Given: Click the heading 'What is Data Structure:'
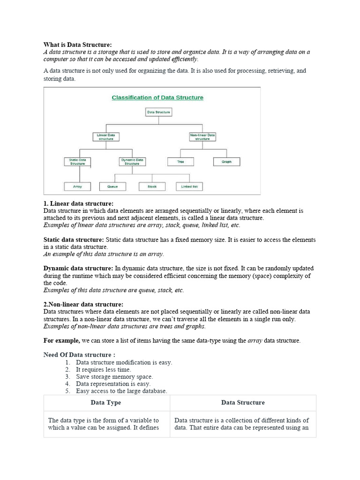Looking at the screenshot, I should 78,45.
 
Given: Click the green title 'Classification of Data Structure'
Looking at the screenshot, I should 157,97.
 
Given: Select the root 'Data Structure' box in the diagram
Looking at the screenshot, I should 158,112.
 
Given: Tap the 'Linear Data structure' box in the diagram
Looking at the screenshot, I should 105,137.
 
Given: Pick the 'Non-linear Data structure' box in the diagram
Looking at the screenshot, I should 202,137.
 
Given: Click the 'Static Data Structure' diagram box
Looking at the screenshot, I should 78,162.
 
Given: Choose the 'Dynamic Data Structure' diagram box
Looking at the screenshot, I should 133,162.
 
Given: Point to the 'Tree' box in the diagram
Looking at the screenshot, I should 180,162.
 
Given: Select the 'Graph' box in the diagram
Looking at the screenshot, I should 226,162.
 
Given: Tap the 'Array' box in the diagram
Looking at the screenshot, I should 78,187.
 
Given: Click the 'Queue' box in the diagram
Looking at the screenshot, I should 112,187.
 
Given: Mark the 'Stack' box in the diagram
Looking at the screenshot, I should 152,187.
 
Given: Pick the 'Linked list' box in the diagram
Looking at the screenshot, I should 189,187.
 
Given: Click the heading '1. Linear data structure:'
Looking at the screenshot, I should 78,203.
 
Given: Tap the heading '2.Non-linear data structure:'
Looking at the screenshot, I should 83,304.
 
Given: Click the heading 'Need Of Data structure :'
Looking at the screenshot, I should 79,354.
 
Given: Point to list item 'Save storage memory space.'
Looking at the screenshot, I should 114,376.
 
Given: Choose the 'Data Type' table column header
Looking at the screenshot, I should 106,403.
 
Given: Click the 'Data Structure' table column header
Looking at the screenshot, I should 243,403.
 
